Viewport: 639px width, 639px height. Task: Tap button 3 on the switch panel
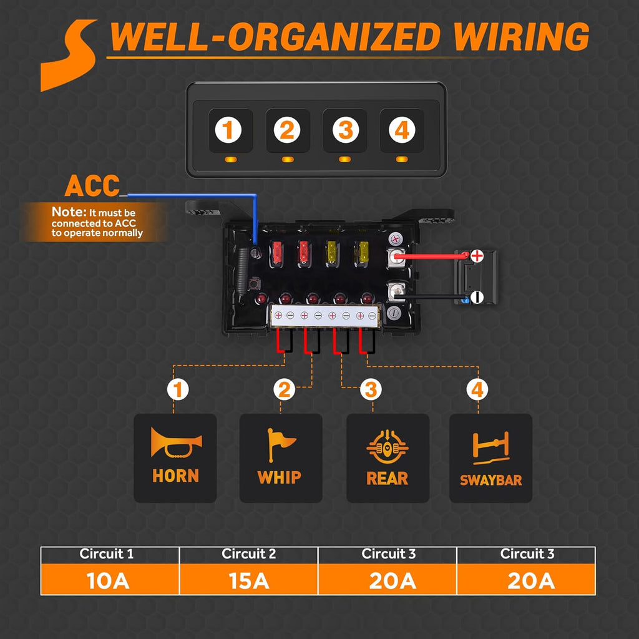[x=345, y=130]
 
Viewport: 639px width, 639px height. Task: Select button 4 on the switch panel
[x=402, y=130]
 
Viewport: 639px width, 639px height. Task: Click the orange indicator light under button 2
[x=287, y=160]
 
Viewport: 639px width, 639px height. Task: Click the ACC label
[x=92, y=186]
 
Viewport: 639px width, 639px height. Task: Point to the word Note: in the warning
[x=66, y=212]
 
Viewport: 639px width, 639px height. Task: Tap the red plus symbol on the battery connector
[x=477, y=255]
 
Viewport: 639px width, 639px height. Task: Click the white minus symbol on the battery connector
[x=476, y=297]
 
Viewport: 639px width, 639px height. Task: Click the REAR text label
[x=388, y=479]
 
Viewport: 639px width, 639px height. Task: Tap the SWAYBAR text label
[x=490, y=480]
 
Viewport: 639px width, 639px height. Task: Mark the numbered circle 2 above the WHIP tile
[x=283, y=391]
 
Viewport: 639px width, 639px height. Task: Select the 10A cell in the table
[x=110, y=580]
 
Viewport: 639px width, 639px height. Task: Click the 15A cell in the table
[x=248, y=580]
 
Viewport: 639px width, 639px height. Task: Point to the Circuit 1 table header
[x=110, y=554]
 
